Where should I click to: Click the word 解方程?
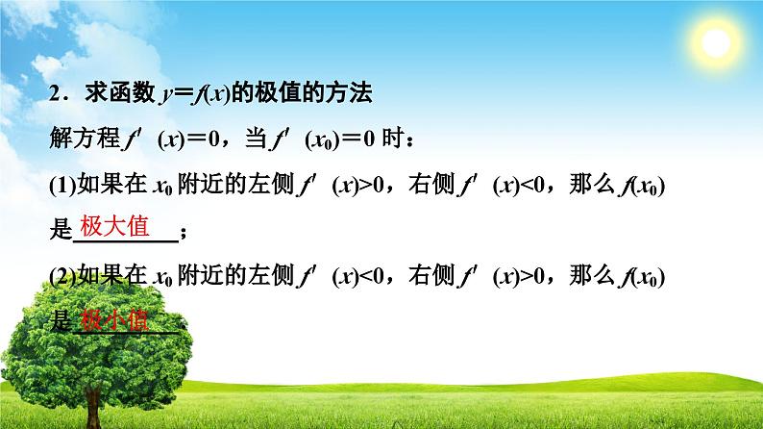point(71,140)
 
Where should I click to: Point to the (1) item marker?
point(60,187)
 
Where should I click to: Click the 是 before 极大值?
point(60,232)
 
